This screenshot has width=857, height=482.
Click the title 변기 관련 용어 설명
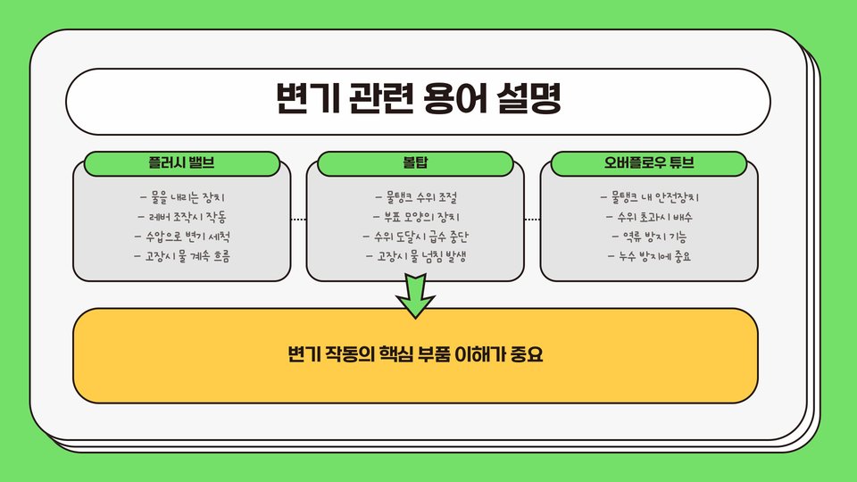[x=418, y=100]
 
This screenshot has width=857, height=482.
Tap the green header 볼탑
[x=415, y=164]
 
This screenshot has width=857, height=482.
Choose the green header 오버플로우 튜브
[x=649, y=164]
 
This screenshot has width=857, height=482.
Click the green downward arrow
[x=415, y=297]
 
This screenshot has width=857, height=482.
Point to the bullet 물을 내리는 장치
[x=187, y=196]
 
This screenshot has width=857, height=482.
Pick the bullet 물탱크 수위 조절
[x=416, y=196]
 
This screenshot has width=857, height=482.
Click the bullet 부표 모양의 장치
[x=415, y=216]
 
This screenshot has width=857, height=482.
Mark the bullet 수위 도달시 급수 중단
[x=415, y=237]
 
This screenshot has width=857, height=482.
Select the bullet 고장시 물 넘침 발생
[x=415, y=257]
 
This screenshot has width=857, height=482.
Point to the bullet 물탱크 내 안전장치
[x=649, y=196]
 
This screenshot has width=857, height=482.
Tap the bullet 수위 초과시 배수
[x=649, y=216]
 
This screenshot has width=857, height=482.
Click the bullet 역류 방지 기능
[x=649, y=237]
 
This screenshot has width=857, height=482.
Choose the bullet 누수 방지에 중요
[x=649, y=257]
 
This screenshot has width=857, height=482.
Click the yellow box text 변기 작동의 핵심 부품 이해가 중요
[x=415, y=355]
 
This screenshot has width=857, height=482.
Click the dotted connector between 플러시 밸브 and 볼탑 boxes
[x=298, y=220]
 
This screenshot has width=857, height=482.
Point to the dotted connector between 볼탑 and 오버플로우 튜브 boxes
[x=532, y=220]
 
